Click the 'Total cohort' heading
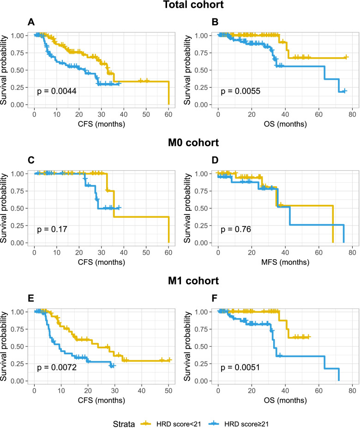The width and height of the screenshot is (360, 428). (180, 6)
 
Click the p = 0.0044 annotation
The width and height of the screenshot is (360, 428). (57, 91)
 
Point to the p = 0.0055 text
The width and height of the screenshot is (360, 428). (240, 91)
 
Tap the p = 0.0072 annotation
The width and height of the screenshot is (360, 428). (57, 368)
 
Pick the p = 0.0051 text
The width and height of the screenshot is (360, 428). (240, 368)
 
